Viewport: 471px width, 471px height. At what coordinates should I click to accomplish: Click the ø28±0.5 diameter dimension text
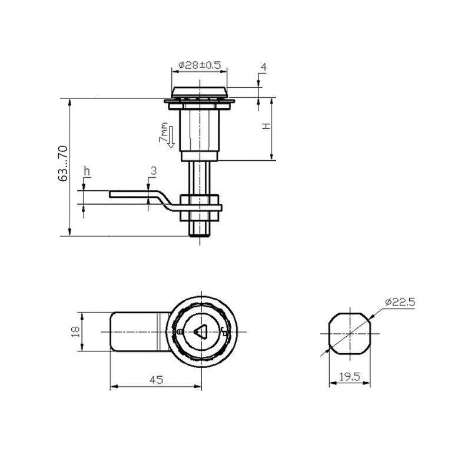[x=200, y=65]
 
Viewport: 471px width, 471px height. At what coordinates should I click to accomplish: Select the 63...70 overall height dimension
[x=63, y=164]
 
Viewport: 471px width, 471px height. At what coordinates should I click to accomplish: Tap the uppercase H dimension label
[x=266, y=126]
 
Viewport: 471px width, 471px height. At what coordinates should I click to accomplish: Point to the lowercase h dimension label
[x=87, y=171]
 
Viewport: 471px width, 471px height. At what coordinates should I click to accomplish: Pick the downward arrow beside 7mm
[x=171, y=137]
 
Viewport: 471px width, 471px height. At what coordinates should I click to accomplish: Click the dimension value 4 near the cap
[x=263, y=67]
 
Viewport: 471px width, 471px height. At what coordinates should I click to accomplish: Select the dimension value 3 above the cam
[x=154, y=171]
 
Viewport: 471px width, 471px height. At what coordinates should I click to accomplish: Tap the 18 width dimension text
[x=75, y=331]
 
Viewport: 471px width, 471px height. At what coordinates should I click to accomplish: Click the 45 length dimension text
[x=157, y=380]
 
